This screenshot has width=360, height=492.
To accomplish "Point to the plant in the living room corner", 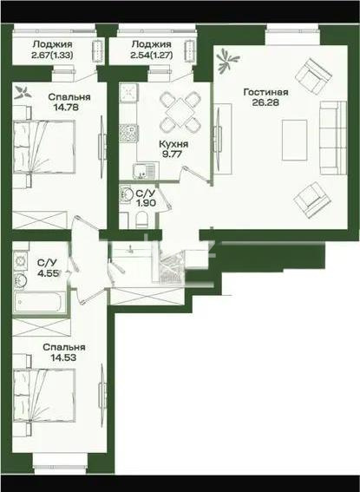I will (x=227, y=59).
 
